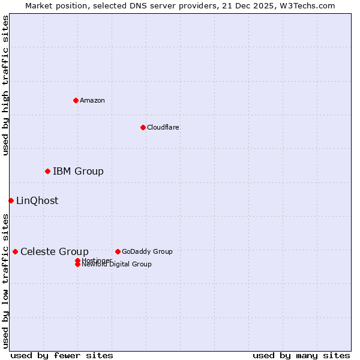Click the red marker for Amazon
tap(76, 100)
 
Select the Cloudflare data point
tap(143, 127)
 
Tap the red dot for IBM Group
tap(47, 172)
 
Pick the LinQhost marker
tap(11, 200)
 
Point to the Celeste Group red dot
tap(15, 251)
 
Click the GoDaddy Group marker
tap(118, 251)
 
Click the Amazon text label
tap(92, 100)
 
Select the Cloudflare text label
tap(163, 127)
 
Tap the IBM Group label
tap(78, 172)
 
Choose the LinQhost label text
tap(37, 201)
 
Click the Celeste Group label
tap(55, 252)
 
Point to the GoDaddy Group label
tap(147, 251)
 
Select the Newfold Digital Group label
tap(117, 265)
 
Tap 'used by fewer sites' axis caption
tap(62, 355)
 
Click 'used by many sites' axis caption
tap(301, 355)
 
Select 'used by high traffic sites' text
tap(5, 85)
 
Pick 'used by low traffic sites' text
tap(5, 281)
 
